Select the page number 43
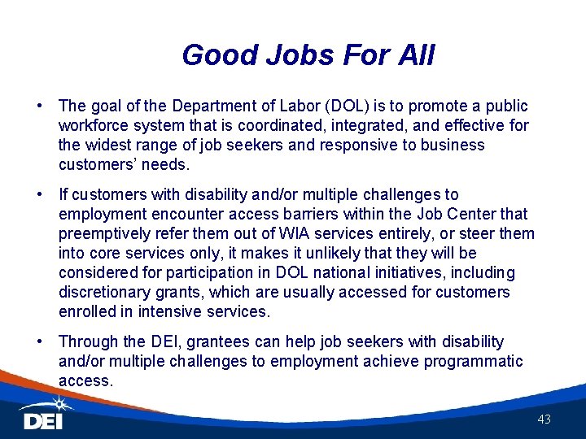[544, 419]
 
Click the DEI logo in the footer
[43, 421]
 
